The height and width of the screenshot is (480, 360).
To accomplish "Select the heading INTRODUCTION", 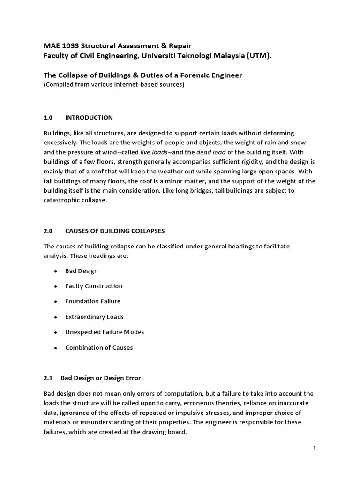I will (x=89, y=117).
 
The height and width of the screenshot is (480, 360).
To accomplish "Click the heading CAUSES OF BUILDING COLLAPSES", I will (x=115, y=231).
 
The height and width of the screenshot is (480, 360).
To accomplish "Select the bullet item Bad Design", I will (x=82, y=271).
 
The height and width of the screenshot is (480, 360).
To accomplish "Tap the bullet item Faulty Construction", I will (x=94, y=286).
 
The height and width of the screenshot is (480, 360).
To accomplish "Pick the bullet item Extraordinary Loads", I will (x=94, y=316).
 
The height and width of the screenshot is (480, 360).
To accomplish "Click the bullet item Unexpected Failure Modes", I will (x=105, y=332).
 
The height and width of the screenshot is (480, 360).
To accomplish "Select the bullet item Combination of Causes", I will (x=99, y=347).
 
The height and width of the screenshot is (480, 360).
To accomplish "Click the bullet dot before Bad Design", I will (x=55, y=271).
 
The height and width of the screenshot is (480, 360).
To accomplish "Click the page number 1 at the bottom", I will (x=315, y=449).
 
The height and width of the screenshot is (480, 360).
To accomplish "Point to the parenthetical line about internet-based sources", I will (x=114, y=84).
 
